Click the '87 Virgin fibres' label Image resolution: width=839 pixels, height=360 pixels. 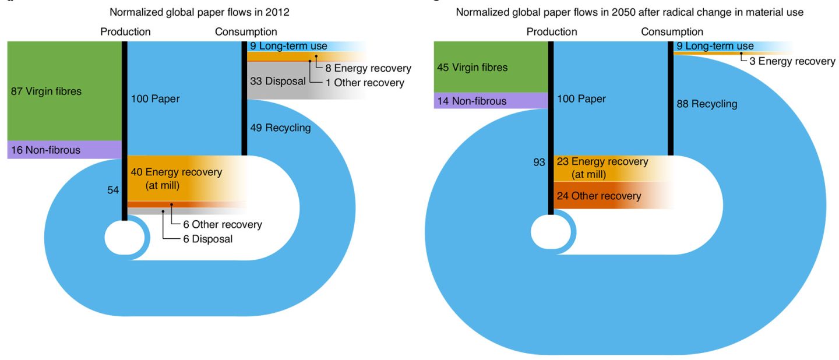click(x=46, y=91)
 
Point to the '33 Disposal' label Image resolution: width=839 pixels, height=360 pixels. click(x=277, y=82)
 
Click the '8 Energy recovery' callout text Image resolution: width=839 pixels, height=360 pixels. click(x=368, y=68)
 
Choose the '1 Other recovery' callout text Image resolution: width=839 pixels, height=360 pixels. click(x=365, y=83)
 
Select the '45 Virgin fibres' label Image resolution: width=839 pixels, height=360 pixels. click(x=472, y=68)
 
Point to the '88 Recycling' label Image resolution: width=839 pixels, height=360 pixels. click(x=707, y=104)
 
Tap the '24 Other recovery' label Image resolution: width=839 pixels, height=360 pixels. click(x=599, y=196)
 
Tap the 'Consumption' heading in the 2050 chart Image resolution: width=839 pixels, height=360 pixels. click(x=672, y=31)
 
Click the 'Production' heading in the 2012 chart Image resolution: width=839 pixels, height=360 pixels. click(x=125, y=31)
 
